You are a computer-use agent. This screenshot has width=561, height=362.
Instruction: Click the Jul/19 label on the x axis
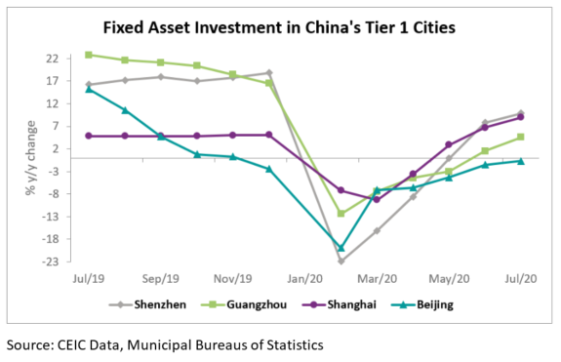[x=89, y=277]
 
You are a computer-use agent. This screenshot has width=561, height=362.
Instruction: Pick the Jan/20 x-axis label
[x=304, y=277]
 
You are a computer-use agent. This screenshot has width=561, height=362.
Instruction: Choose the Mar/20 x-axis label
[x=377, y=277]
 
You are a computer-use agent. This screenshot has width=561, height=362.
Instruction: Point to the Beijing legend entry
[x=446, y=303]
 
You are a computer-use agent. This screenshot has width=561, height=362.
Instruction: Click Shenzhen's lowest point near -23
[x=341, y=261]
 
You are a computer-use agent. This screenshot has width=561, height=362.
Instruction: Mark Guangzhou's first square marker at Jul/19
[x=89, y=55]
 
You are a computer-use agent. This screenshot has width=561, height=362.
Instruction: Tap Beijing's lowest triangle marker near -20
[x=341, y=248]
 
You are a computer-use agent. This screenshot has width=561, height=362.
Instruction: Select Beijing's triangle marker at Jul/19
[x=89, y=89]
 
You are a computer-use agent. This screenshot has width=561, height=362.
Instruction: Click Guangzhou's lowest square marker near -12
[x=341, y=213]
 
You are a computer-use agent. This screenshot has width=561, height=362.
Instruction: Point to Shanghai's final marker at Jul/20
[x=521, y=117]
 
